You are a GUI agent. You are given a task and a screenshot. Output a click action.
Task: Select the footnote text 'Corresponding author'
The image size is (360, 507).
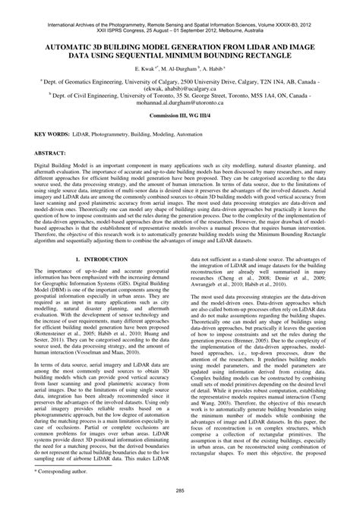click(68, 472)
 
